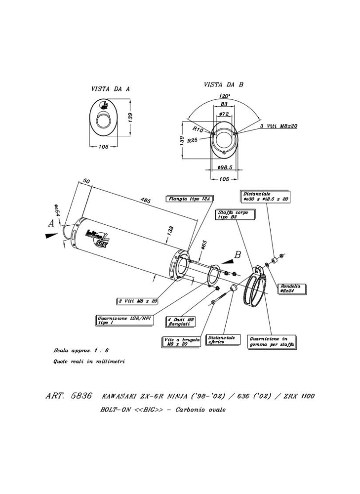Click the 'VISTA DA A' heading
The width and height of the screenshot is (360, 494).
(110, 89)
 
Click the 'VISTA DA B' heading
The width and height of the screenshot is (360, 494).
(223, 84)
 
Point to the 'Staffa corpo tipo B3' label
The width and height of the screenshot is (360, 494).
(236, 214)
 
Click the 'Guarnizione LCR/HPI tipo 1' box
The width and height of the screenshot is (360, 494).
(121, 321)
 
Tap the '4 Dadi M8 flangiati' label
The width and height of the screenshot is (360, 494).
(181, 322)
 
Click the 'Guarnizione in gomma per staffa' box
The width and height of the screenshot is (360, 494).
(272, 342)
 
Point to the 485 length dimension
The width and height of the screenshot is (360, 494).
(145, 200)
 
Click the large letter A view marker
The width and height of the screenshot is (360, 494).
(50, 223)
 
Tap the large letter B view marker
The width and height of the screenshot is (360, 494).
(237, 255)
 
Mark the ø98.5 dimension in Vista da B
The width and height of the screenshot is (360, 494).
(224, 168)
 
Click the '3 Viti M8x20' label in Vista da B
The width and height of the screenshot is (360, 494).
(280, 126)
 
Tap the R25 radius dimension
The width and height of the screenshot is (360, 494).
(193, 140)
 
